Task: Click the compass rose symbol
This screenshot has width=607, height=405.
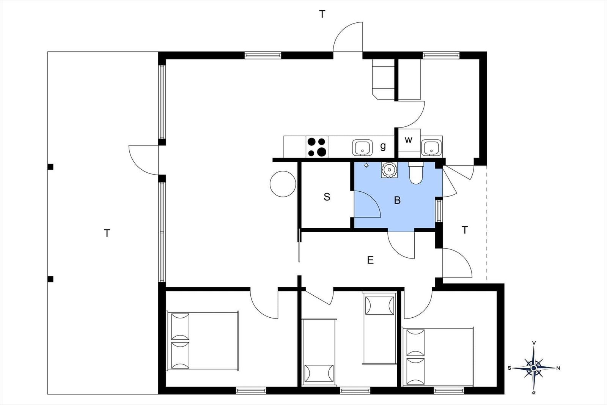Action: tap(533, 368)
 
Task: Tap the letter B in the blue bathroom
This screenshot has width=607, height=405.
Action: tap(397, 200)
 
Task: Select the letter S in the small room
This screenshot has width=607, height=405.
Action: tap(327, 197)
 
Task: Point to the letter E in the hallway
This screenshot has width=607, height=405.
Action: tap(370, 260)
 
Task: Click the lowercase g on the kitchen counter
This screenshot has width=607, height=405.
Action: tap(383, 147)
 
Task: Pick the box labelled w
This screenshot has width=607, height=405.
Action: tap(409, 140)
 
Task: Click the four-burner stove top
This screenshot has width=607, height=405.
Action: tap(317, 147)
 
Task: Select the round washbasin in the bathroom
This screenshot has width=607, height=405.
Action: tap(389, 170)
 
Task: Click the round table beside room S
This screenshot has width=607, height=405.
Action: tap(283, 184)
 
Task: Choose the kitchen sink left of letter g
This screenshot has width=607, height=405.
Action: tap(362, 148)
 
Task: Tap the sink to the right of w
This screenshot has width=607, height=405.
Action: tap(431, 148)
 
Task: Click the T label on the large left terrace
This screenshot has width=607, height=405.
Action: tap(107, 233)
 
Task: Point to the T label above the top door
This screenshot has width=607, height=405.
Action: tap(322, 14)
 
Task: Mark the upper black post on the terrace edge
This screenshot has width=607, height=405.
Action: tap(50, 167)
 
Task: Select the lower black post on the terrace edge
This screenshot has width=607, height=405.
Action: tap(50, 279)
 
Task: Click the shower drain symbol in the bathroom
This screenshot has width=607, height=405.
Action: tap(366, 165)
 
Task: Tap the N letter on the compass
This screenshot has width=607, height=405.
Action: tap(558, 368)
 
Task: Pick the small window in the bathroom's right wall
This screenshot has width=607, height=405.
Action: tap(439, 211)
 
